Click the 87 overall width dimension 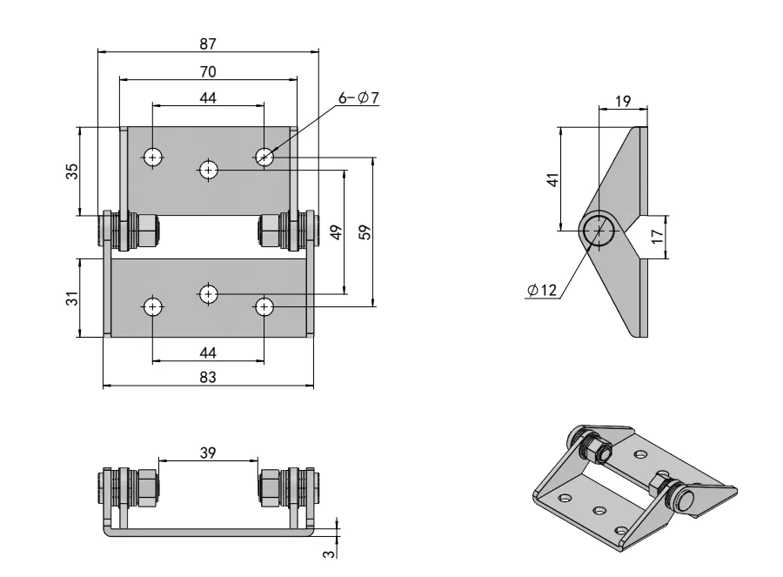coord(207,43)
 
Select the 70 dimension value coord(207,70)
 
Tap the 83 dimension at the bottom coord(207,377)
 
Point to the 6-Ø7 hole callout coord(358,98)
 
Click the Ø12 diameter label coord(542,291)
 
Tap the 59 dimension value coord(365,232)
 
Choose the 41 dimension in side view coord(552,179)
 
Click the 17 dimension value coord(658,236)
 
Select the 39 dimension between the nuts coord(207,453)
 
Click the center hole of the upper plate coord(208,169)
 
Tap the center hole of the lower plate coord(208,293)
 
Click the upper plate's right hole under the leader coord(264,157)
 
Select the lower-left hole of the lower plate coord(153,306)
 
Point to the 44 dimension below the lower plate coord(207,352)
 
